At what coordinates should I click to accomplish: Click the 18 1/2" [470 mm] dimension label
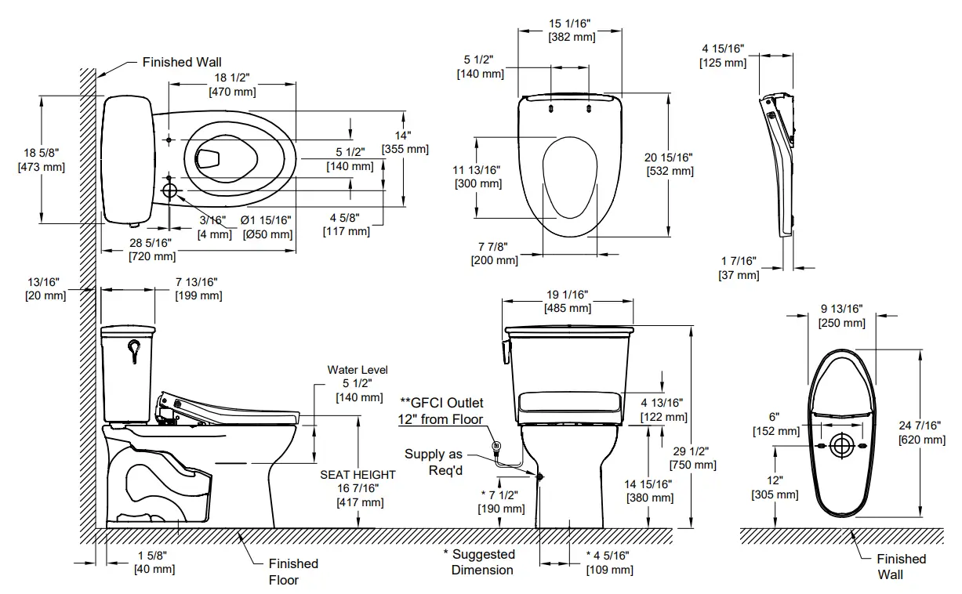tap(232, 85)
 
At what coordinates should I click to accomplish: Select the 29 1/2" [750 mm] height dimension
tap(693, 458)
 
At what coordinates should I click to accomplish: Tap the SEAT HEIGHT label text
tap(358, 475)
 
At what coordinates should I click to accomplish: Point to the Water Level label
tap(358, 370)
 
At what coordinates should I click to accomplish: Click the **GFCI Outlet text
tap(441, 404)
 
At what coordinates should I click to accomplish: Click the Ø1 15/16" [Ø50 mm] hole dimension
tap(267, 227)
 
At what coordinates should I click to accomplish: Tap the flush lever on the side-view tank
tap(133, 350)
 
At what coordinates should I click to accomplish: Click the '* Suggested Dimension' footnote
tap(482, 562)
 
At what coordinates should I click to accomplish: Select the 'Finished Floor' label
tap(293, 571)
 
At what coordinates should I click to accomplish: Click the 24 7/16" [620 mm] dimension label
tap(922, 433)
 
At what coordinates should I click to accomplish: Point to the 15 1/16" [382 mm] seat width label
tap(571, 30)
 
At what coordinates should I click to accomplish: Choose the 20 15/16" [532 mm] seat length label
tap(670, 164)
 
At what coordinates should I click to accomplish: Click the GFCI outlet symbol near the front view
tap(496, 447)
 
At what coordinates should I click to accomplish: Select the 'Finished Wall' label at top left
tap(182, 62)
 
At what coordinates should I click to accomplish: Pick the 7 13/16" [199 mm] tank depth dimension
tap(194, 288)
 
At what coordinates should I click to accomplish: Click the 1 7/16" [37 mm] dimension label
tap(739, 268)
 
